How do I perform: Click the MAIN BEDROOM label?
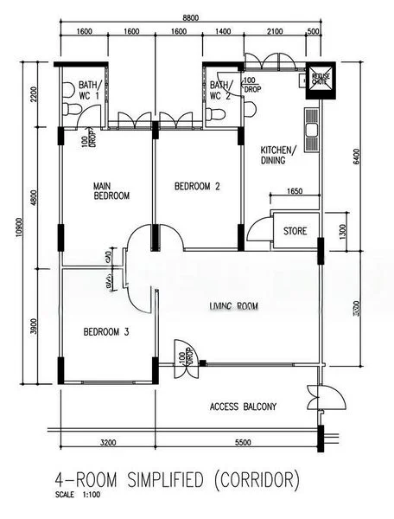(x=111, y=190)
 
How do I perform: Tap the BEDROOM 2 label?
(x=198, y=186)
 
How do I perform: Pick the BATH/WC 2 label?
(x=221, y=90)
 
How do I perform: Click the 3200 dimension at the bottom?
(x=107, y=442)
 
